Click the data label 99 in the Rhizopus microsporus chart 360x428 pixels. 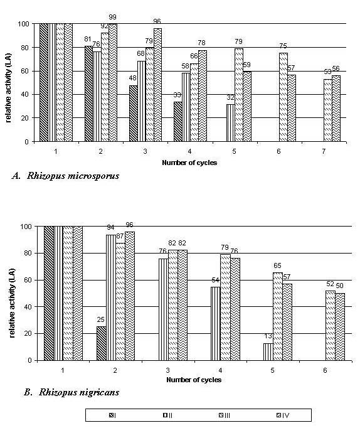point(112,17)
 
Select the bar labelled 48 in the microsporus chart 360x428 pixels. point(133,114)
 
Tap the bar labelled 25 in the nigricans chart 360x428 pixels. point(102,343)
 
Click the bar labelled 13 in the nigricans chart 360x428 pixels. point(268,352)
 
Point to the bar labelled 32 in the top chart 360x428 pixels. point(230,123)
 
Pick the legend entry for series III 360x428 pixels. point(225,415)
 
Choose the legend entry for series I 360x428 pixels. point(113,415)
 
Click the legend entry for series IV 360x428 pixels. point(283,415)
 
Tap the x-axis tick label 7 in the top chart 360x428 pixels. point(324,151)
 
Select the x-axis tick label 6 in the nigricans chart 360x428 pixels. point(325,370)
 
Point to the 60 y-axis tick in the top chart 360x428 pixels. point(25,71)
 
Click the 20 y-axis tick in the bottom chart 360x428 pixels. point(29,334)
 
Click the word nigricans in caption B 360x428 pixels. point(99,392)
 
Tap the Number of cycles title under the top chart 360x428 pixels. point(189,163)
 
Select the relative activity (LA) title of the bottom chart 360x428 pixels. point(13,304)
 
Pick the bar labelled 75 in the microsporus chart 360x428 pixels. point(283,97)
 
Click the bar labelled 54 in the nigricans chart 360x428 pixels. point(216,324)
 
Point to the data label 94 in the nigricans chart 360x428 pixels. point(110,228)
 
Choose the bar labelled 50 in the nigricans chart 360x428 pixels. point(340,327)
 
